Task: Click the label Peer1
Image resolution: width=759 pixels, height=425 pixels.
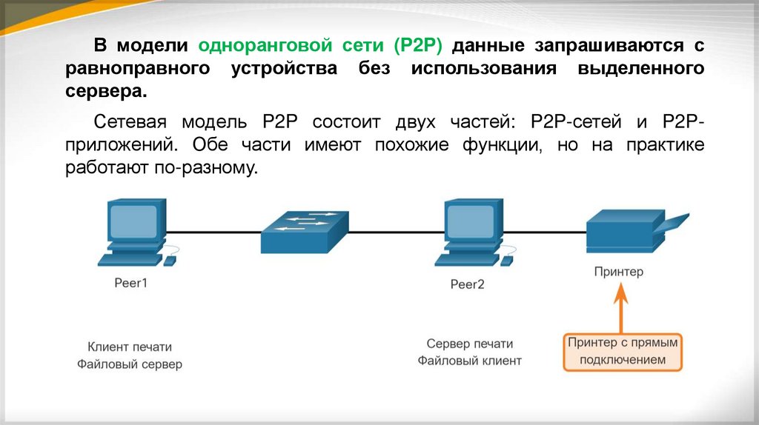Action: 131,282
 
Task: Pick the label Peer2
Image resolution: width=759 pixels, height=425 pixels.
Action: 467,284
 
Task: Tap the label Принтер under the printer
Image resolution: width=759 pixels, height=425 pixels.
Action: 619,272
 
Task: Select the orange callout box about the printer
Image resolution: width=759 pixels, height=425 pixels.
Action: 623,352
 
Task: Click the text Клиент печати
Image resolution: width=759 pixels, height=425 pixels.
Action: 130,347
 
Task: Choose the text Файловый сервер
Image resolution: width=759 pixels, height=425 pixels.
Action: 130,364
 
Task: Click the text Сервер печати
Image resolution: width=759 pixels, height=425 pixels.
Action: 470,344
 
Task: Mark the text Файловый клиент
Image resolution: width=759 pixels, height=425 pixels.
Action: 470,361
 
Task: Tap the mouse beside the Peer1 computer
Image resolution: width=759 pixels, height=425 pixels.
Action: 170,260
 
